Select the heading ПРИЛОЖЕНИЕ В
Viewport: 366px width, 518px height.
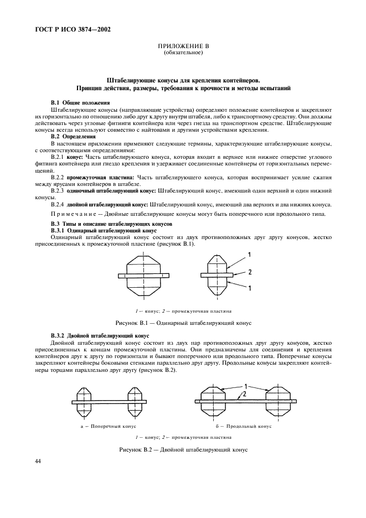[183, 46]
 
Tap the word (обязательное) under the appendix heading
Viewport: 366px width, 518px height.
[183, 53]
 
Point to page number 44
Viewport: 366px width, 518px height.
[38, 461]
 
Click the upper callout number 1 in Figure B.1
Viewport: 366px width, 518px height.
[250, 255]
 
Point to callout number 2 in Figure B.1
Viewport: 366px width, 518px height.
[250, 272]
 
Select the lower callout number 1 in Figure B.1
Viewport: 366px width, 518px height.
[250, 288]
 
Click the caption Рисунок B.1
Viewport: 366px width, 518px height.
[183, 322]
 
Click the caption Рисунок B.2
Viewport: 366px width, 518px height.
[183, 449]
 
